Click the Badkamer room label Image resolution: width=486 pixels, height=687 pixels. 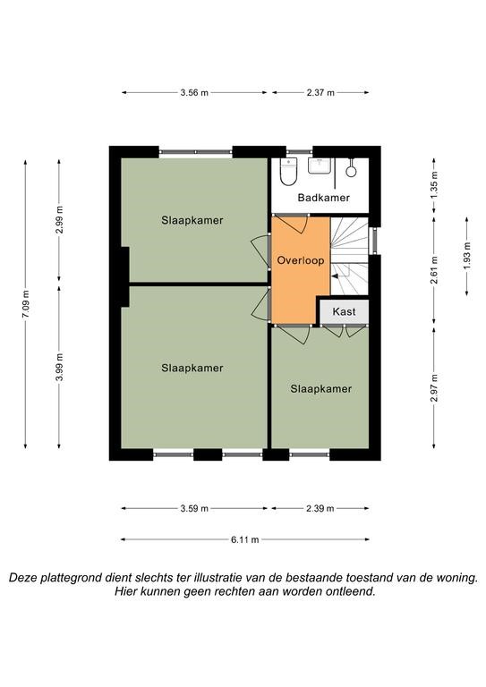click(323, 198)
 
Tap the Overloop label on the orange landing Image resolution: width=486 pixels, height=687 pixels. click(301, 260)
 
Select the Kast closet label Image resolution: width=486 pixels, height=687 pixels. click(344, 312)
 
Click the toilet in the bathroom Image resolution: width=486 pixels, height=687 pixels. click(289, 172)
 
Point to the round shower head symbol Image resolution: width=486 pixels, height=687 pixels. click(351, 170)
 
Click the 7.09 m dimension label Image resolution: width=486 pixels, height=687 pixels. click(25, 304)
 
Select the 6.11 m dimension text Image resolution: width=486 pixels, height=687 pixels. click(245, 539)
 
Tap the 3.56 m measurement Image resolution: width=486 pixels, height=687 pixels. click(194, 92)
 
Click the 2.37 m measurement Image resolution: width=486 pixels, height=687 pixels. click(320, 92)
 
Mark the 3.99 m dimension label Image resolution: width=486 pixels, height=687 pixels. click(59, 367)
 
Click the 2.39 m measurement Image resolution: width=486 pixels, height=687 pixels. click(320, 508)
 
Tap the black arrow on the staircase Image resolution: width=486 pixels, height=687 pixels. click(336, 276)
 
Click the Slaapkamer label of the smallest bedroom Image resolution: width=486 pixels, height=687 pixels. click(320, 388)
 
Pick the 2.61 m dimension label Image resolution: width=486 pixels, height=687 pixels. click(434, 269)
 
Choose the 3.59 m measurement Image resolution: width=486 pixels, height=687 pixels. click(194, 508)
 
